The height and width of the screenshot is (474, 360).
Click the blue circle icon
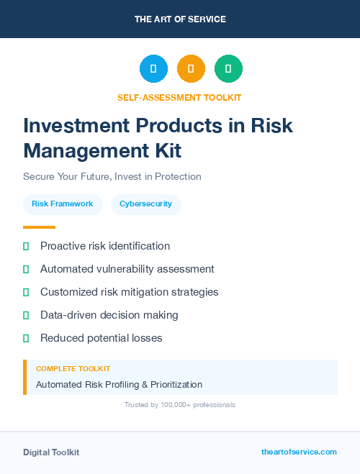tap(153, 69)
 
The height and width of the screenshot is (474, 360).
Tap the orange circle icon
tap(191, 69)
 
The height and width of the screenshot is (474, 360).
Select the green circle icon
tap(228, 69)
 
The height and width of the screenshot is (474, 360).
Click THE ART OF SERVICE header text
tap(180, 19)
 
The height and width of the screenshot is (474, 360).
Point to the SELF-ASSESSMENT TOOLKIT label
tap(179, 97)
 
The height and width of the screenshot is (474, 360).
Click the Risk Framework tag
tap(62, 204)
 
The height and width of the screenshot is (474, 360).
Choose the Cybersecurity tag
tap(145, 204)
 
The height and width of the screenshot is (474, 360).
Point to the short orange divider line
tap(39, 227)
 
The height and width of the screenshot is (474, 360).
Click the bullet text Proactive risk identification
tap(105, 246)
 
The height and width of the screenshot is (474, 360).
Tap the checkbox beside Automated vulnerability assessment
tap(26, 269)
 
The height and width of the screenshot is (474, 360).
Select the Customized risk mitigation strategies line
tap(129, 292)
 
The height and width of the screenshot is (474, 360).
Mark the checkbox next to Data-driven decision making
tap(26, 315)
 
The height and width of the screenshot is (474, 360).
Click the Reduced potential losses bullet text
tap(101, 338)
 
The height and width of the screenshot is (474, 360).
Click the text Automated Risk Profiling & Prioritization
tap(119, 384)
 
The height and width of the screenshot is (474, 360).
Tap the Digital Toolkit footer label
tap(51, 452)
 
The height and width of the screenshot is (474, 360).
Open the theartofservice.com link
tap(299, 452)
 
